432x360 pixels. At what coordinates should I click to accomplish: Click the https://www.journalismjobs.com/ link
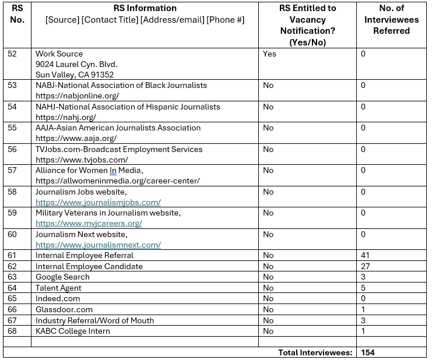point(98,202)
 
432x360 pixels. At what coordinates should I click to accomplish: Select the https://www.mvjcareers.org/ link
point(89,223)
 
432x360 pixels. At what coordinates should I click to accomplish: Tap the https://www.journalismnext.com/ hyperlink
point(98,245)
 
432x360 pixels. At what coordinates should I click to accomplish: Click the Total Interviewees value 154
point(368,352)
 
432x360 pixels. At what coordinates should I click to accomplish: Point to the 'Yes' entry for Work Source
point(269,54)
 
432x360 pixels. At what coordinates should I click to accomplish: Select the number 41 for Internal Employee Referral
point(366,255)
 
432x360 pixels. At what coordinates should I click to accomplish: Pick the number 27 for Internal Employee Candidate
point(366,266)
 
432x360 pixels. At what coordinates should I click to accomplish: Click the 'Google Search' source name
point(62,277)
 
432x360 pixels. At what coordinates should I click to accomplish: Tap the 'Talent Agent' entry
point(58,288)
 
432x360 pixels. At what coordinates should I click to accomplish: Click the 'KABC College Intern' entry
point(73,331)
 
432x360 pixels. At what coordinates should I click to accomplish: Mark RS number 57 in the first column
point(13,170)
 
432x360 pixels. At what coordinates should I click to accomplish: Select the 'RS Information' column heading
point(145,8)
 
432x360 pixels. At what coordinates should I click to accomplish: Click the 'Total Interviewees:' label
point(315,352)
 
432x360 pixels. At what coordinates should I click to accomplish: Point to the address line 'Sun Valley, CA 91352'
point(75,75)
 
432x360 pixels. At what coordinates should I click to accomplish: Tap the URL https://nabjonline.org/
point(77,96)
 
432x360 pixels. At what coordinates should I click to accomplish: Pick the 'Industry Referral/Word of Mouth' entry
point(95,320)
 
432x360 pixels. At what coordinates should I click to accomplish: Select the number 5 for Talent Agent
point(363,288)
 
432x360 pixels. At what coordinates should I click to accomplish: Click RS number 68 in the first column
point(13,331)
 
